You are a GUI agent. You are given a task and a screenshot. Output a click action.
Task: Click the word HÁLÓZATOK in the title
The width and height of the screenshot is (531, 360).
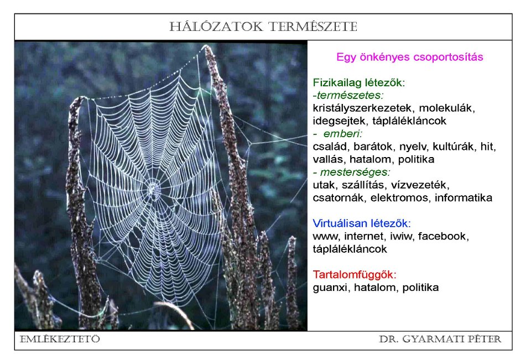216,27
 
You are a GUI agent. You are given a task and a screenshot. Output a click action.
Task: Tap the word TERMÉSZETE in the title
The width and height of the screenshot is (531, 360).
313,27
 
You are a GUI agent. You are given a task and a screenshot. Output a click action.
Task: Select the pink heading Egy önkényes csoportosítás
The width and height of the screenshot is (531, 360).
410,57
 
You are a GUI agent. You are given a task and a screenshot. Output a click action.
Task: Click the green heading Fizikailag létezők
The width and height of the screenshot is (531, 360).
358,82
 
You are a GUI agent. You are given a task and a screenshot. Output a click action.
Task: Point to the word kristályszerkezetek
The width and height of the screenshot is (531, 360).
362,108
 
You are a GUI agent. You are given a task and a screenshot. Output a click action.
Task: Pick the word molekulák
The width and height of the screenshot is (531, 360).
447,108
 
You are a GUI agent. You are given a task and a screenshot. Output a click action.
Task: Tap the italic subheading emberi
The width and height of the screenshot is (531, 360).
343,133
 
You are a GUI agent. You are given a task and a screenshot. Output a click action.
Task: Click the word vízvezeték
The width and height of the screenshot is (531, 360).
420,185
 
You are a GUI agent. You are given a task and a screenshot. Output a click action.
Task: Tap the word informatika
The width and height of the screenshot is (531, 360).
464,198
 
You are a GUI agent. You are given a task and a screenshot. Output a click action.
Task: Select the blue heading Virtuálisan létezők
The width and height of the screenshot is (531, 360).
362,223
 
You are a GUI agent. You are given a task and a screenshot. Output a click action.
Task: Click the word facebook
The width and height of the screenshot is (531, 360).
443,236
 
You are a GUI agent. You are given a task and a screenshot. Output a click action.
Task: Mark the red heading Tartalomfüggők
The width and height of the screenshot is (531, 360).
355,275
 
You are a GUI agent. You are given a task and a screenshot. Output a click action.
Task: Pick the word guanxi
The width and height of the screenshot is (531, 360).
331,288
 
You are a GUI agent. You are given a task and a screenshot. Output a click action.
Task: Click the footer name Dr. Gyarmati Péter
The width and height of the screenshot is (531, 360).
440,339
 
